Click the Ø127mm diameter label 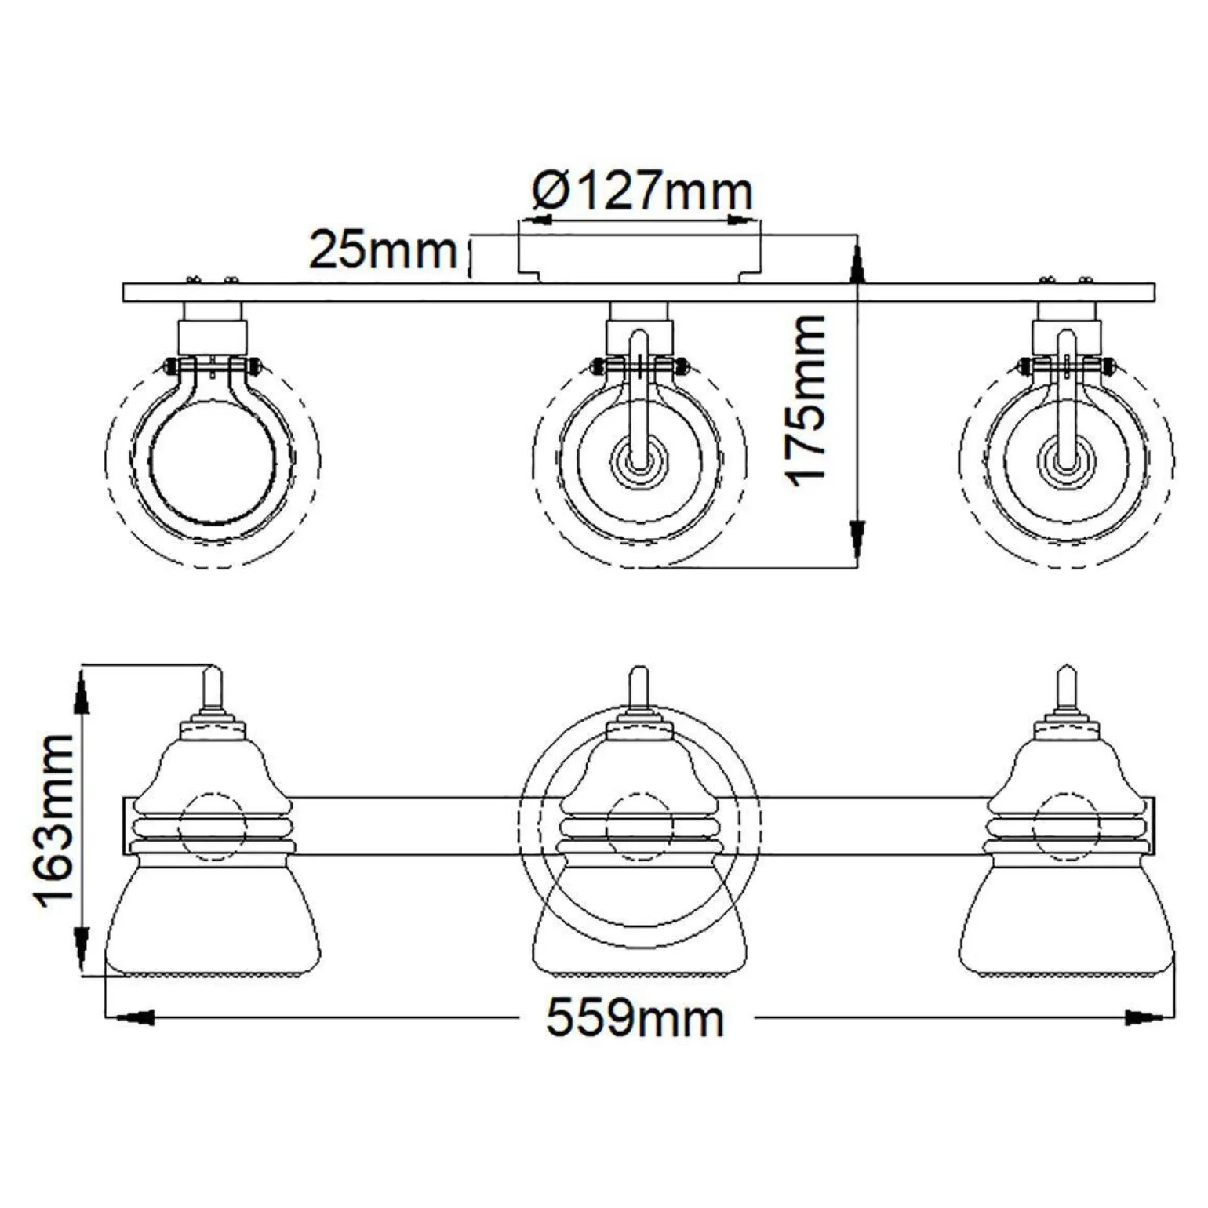pos(642,191)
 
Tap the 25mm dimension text pos(383,250)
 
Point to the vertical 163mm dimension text pos(54,822)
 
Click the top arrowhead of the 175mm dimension pos(857,264)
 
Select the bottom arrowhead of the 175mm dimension pos(857,537)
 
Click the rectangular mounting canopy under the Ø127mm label pos(639,255)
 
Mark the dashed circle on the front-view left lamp pos(213,828)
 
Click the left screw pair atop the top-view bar pos(210,279)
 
